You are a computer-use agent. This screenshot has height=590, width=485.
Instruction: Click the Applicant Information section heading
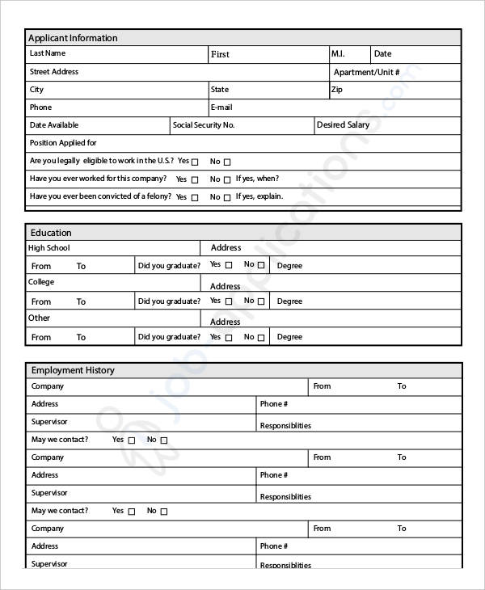click(x=73, y=38)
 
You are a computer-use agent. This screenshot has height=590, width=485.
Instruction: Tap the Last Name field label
click(x=48, y=53)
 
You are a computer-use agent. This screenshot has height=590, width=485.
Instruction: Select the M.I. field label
click(x=338, y=54)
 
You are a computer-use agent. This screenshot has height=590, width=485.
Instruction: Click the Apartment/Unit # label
click(x=366, y=72)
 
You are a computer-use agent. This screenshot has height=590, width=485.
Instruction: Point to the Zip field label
click(x=337, y=90)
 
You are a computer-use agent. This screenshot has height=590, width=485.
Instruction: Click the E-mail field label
click(x=221, y=107)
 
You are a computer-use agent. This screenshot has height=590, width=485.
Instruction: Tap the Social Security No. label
click(x=204, y=125)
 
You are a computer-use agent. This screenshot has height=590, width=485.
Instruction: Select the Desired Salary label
click(x=343, y=125)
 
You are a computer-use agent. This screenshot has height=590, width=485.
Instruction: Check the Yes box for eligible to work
click(x=195, y=162)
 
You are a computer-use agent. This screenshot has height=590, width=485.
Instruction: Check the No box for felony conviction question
click(x=227, y=197)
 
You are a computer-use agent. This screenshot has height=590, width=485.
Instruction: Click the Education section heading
click(x=51, y=233)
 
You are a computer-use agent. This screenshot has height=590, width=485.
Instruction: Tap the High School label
click(x=49, y=248)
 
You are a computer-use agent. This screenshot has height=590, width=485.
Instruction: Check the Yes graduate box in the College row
click(x=229, y=301)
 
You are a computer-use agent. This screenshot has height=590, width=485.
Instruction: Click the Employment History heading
click(x=73, y=370)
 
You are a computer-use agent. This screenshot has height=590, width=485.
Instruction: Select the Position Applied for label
click(x=63, y=143)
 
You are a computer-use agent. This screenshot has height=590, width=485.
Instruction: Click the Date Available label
click(x=54, y=125)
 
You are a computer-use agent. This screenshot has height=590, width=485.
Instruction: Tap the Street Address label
click(x=54, y=72)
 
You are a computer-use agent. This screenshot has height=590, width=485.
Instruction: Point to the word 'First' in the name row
click(x=220, y=55)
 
